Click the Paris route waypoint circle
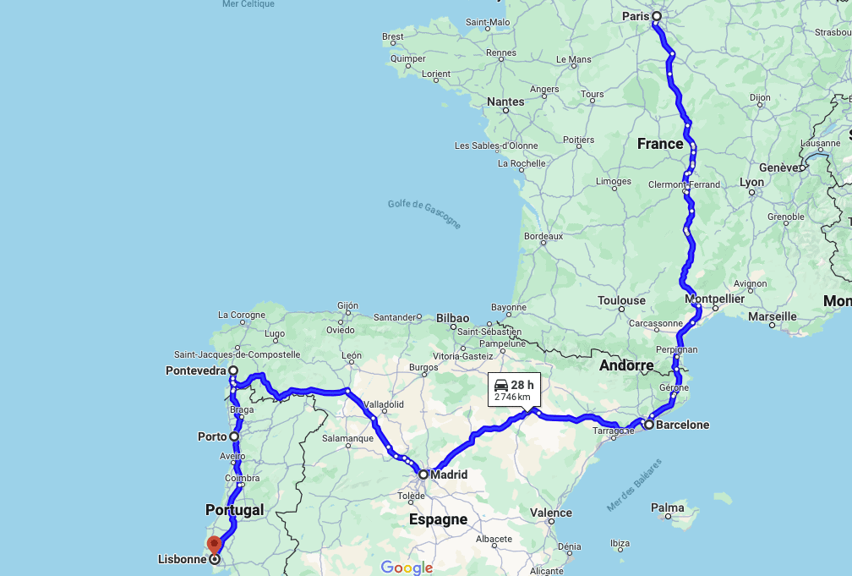[656, 16]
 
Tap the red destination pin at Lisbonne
[214, 545]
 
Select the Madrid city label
[449, 475]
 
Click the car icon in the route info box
[501, 385]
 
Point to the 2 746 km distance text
[512, 397]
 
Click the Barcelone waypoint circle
[647, 425]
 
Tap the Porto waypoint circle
[234, 436]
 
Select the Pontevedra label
[196, 370]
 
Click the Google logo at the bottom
[407, 568]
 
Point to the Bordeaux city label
[543, 236]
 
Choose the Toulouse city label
[621, 300]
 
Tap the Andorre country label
[626, 366]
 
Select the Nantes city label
[505, 101]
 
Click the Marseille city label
[772, 316]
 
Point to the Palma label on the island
[668, 508]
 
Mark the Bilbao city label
[452, 318]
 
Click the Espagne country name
[438, 519]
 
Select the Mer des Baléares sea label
[635, 486]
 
